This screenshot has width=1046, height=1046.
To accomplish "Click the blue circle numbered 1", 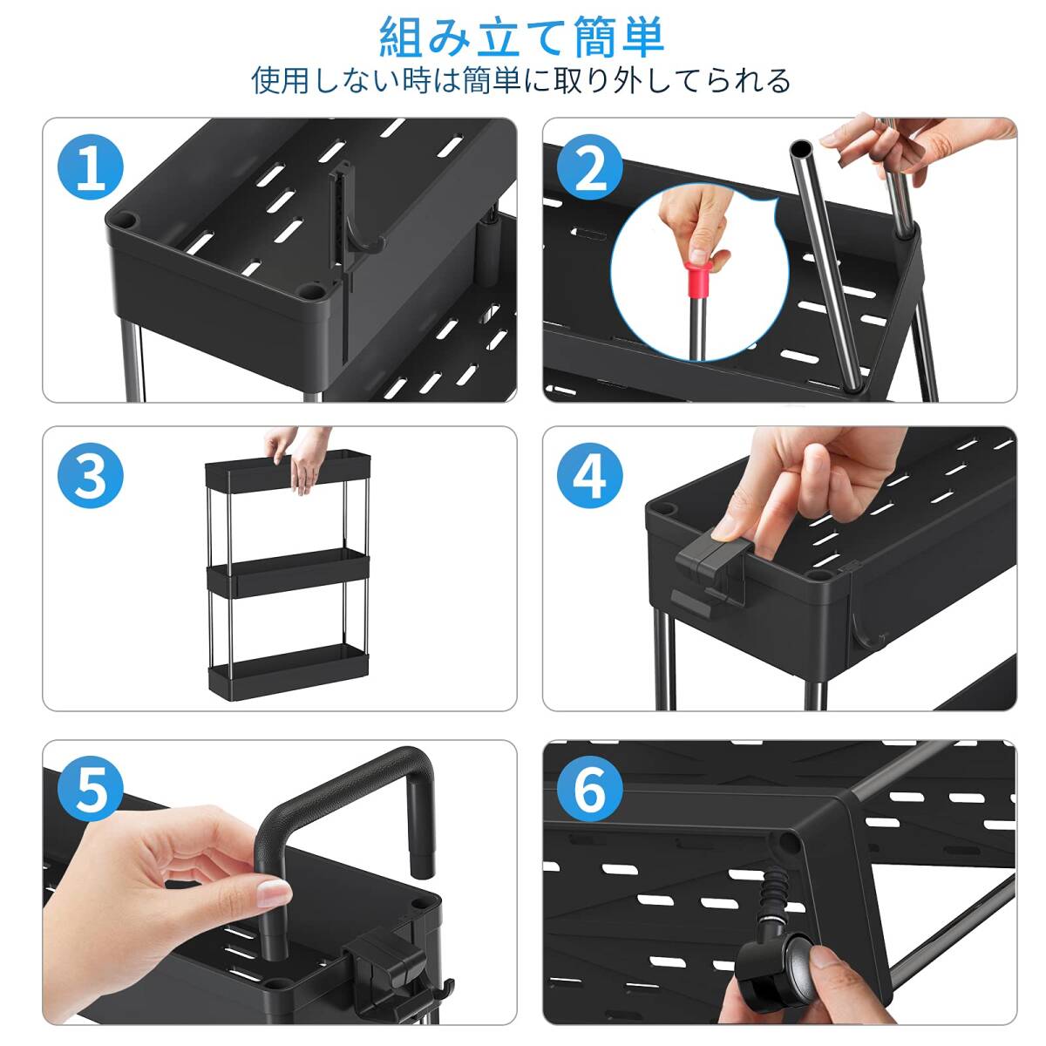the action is tap(91, 166).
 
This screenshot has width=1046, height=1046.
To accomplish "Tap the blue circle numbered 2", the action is tap(590, 166).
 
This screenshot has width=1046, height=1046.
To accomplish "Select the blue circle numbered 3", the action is tap(91, 476).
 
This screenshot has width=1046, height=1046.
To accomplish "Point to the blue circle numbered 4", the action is tap(590, 476).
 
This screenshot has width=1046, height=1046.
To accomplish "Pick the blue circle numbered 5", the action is tap(91, 789).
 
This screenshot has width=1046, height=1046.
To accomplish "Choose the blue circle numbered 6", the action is tap(590, 789).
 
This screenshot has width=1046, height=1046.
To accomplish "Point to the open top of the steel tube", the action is tap(802, 149).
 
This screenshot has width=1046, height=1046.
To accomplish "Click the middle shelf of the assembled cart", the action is tap(289, 574).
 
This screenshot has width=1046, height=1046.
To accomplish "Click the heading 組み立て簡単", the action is tap(521, 37).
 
